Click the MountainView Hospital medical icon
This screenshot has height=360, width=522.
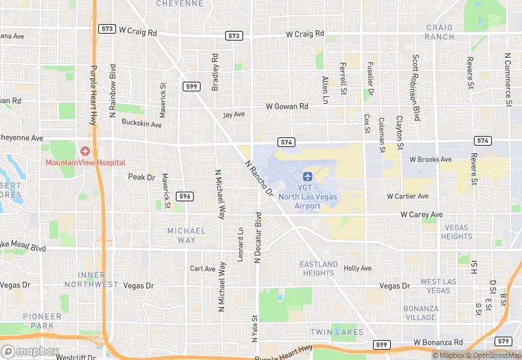85,150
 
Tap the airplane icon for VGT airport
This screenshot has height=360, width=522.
306,178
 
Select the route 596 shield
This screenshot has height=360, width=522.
184,196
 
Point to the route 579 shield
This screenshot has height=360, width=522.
504,341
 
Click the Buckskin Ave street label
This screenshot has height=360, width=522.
141,124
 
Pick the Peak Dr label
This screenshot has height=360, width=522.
141,177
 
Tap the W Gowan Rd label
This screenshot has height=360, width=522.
287,106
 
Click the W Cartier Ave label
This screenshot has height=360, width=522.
407,196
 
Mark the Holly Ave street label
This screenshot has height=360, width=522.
357,268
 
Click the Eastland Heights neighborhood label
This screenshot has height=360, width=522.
319,269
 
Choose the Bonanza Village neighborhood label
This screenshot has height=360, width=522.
420,313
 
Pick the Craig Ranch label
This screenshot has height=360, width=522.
440,32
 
